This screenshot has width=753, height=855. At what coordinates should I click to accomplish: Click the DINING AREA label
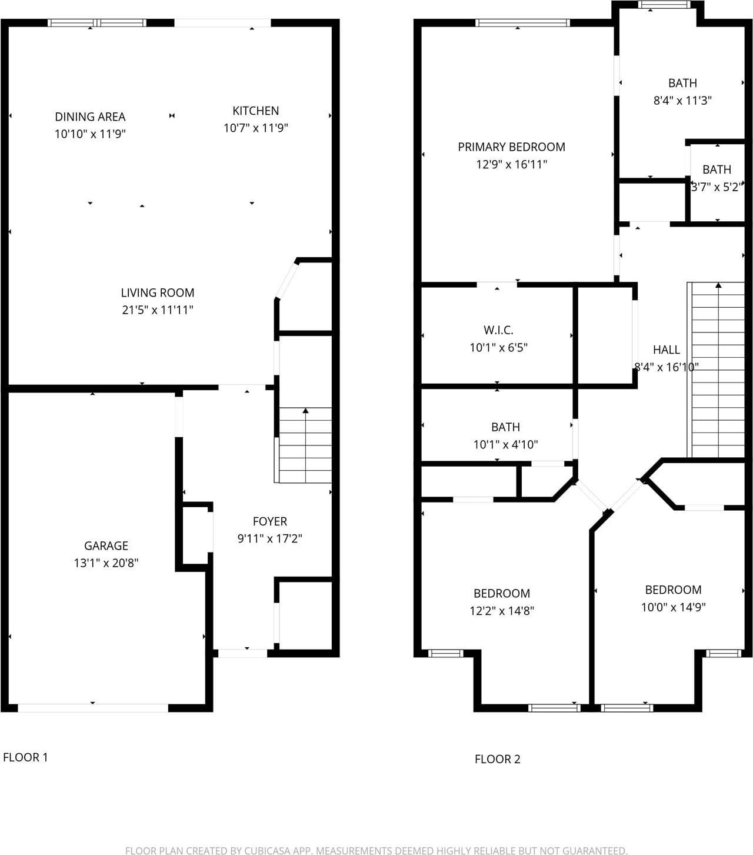click(x=90, y=117)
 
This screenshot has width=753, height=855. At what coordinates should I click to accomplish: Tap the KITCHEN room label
click(x=256, y=111)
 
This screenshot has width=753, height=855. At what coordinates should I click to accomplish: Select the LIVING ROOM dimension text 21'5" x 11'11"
click(x=158, y=310)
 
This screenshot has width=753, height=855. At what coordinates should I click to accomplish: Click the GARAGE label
click(x=106, y=545)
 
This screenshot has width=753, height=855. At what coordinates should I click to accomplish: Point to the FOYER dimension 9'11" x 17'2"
click(x=270, y=538)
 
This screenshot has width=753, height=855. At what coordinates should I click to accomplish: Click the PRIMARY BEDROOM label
click(x=512, y=147)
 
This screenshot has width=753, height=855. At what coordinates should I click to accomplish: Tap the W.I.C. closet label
click(x=499, y=330)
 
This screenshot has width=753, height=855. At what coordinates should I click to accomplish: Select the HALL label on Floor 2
click(x=667, y=350)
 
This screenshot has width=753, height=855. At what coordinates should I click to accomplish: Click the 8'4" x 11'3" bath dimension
click(x=682, y=101)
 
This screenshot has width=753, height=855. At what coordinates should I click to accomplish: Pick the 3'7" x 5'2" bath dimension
click(x=717, y=187)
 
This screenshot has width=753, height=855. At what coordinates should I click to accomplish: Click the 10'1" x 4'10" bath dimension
click(x=506, y=444)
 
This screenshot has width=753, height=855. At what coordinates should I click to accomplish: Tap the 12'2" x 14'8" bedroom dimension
click(x=502, y=611)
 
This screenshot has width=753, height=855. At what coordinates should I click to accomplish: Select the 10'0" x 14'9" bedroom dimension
click(x=674, y=607)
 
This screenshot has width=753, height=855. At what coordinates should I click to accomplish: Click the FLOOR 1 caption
click(x=25, y=757)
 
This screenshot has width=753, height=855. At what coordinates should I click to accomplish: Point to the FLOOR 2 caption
click(x=498, y=759)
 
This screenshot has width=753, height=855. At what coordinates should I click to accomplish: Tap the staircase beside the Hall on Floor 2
click(x=716, y=370)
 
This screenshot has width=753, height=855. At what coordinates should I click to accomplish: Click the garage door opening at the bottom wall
click(x=93, y=708)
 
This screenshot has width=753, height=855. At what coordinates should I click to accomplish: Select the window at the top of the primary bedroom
click(x=522, y=23)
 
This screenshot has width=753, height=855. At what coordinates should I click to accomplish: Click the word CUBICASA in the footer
click(x=269, y=850)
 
